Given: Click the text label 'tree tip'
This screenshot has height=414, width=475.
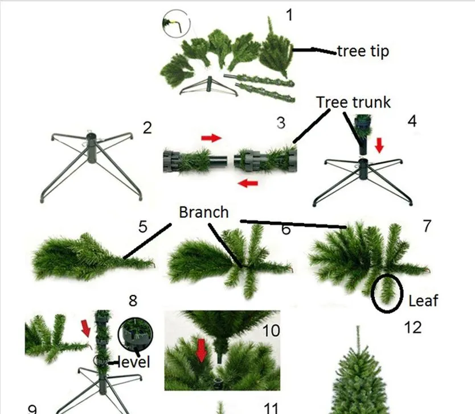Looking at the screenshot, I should click(363, 51).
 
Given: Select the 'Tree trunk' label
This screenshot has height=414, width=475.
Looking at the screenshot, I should click(353, 102).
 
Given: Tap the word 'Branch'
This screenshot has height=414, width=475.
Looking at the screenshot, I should click(203, 212).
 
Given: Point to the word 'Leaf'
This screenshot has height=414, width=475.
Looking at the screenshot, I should click(423, 300).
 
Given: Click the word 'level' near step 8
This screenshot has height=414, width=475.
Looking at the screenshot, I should click(133, 362).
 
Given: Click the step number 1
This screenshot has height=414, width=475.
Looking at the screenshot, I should click(289, 14).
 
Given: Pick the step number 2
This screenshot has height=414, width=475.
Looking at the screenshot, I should click(147, 127).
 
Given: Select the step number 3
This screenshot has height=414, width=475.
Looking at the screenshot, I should click(281, 122).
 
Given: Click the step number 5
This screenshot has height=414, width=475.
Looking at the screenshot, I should click(142, 227).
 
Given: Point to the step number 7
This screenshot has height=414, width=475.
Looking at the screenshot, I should click(427, 225).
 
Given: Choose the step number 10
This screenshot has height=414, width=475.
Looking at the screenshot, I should click(272, 330).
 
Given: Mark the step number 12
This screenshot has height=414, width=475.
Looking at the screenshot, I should click(412, 328).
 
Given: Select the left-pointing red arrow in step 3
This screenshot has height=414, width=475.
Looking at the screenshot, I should click(247, 183).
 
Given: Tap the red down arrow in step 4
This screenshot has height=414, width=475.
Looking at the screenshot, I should click(379, 147).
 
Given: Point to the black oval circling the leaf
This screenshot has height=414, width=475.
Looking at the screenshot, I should click(387, 293).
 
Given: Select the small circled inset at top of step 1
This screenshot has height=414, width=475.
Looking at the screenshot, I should click(175, 24).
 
